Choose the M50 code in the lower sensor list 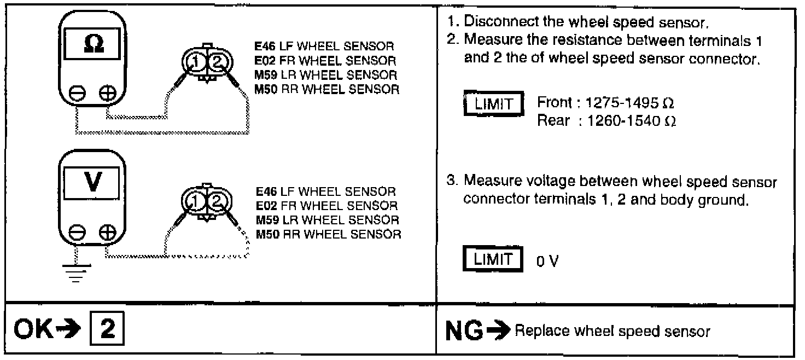tap(266, 235)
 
